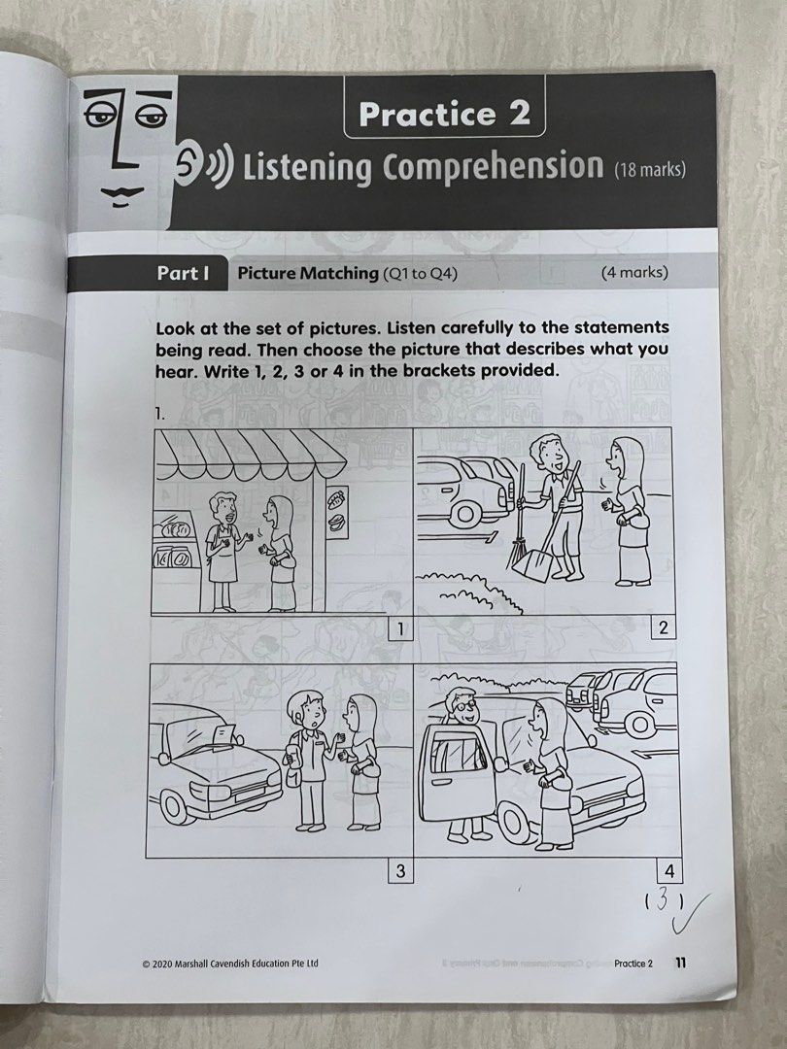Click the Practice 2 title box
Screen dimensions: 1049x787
pos(444,115)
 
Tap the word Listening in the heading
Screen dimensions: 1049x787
pos(308,167)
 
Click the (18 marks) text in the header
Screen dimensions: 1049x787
pos(649,170)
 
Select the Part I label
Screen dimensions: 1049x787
pos(184,273)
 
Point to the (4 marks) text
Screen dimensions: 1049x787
pos(634,273)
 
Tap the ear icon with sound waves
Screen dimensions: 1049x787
pos(202,166)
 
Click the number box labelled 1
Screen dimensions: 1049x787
pos(397,628)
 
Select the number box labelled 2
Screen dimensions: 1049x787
pos(663,628)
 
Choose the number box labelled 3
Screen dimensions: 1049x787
pos(398,871)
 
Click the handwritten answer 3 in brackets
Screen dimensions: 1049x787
pos(661,901)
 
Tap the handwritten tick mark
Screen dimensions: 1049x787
pos(697,910)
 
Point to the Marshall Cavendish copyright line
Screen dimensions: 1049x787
pos(229,964)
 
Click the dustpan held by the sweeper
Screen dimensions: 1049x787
pos(532,560)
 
